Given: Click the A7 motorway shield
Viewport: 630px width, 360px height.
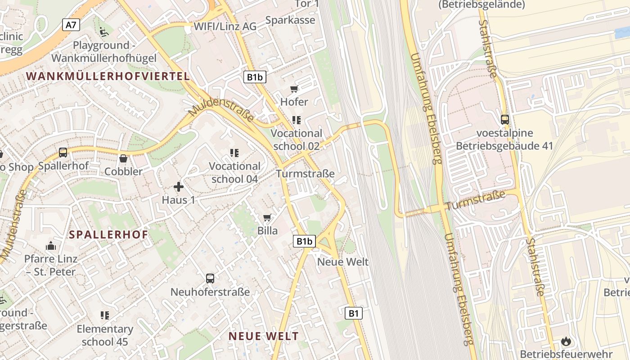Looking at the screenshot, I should (71, 25).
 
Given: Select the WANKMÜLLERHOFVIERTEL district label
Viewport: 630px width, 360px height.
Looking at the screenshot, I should (108, 76).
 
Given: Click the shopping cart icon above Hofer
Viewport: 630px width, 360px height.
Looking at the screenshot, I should (294, 89).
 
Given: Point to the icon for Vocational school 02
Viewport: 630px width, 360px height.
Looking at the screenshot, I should (296, 120).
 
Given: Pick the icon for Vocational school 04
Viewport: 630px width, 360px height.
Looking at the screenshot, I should (234, 153).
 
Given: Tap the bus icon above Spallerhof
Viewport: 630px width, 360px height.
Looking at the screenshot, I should (63, 153).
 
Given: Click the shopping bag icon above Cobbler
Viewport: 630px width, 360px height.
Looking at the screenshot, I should (123, 158).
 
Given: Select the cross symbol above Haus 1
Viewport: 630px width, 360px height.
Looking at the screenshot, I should (179, 186).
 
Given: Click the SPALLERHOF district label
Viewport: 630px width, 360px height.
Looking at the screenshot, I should (109, 234).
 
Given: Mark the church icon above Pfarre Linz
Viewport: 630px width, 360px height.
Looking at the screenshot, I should (51, 246).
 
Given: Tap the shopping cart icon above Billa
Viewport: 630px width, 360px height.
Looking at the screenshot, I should (267, 218).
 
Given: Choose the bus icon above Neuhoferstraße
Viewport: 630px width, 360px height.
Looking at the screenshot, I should (210, 278).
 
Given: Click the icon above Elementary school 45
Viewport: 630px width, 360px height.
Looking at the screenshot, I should (105, 315).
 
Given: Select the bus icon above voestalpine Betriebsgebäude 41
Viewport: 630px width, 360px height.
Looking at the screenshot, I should (505, 120).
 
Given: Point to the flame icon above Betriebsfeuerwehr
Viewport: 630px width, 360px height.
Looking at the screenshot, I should (566, 341).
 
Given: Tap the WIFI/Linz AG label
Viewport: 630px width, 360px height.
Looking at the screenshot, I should (225, 27).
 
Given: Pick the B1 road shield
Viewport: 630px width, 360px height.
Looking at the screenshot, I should (354, 313).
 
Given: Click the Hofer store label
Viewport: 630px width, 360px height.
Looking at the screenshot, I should (294, 102).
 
